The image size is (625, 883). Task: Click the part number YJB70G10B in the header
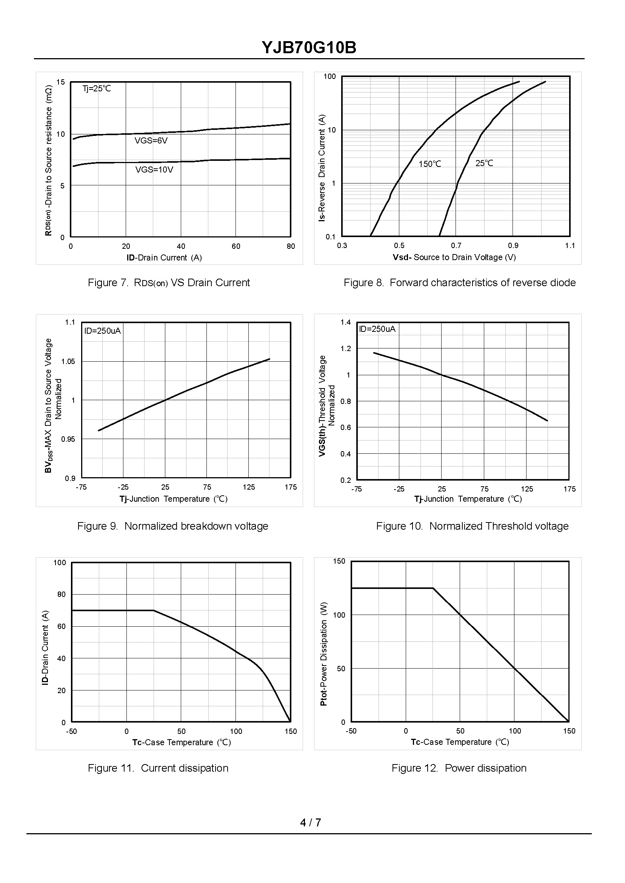click(309, 48)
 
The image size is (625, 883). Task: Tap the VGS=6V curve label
click(151, 141)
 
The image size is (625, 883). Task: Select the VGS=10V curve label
click(154, 170)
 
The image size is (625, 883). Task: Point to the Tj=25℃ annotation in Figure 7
click(97, 89)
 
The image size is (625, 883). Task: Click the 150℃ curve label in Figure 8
click(430, 164)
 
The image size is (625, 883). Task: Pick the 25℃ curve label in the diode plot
click(484, 163)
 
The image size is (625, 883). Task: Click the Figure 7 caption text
click(169, 282)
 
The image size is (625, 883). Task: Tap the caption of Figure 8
click(460, 282)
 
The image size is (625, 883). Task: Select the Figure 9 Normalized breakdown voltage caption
click(172, 526)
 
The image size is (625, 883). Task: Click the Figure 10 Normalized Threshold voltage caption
click(472, 526)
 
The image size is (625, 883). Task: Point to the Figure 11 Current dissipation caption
click(158, 768)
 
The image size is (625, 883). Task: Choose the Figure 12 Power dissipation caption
click(459, 768)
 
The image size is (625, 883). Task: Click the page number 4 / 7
click(311, 823)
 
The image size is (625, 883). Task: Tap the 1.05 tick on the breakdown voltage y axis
click(68, 361)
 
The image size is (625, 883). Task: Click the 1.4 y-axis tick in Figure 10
click(346, 322)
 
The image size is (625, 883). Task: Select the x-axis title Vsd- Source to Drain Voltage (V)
click(454, 257)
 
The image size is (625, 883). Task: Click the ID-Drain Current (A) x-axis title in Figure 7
click(164, 257)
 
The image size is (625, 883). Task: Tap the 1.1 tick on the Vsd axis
click(570, 246)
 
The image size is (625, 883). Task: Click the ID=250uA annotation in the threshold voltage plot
click(377, 329)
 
